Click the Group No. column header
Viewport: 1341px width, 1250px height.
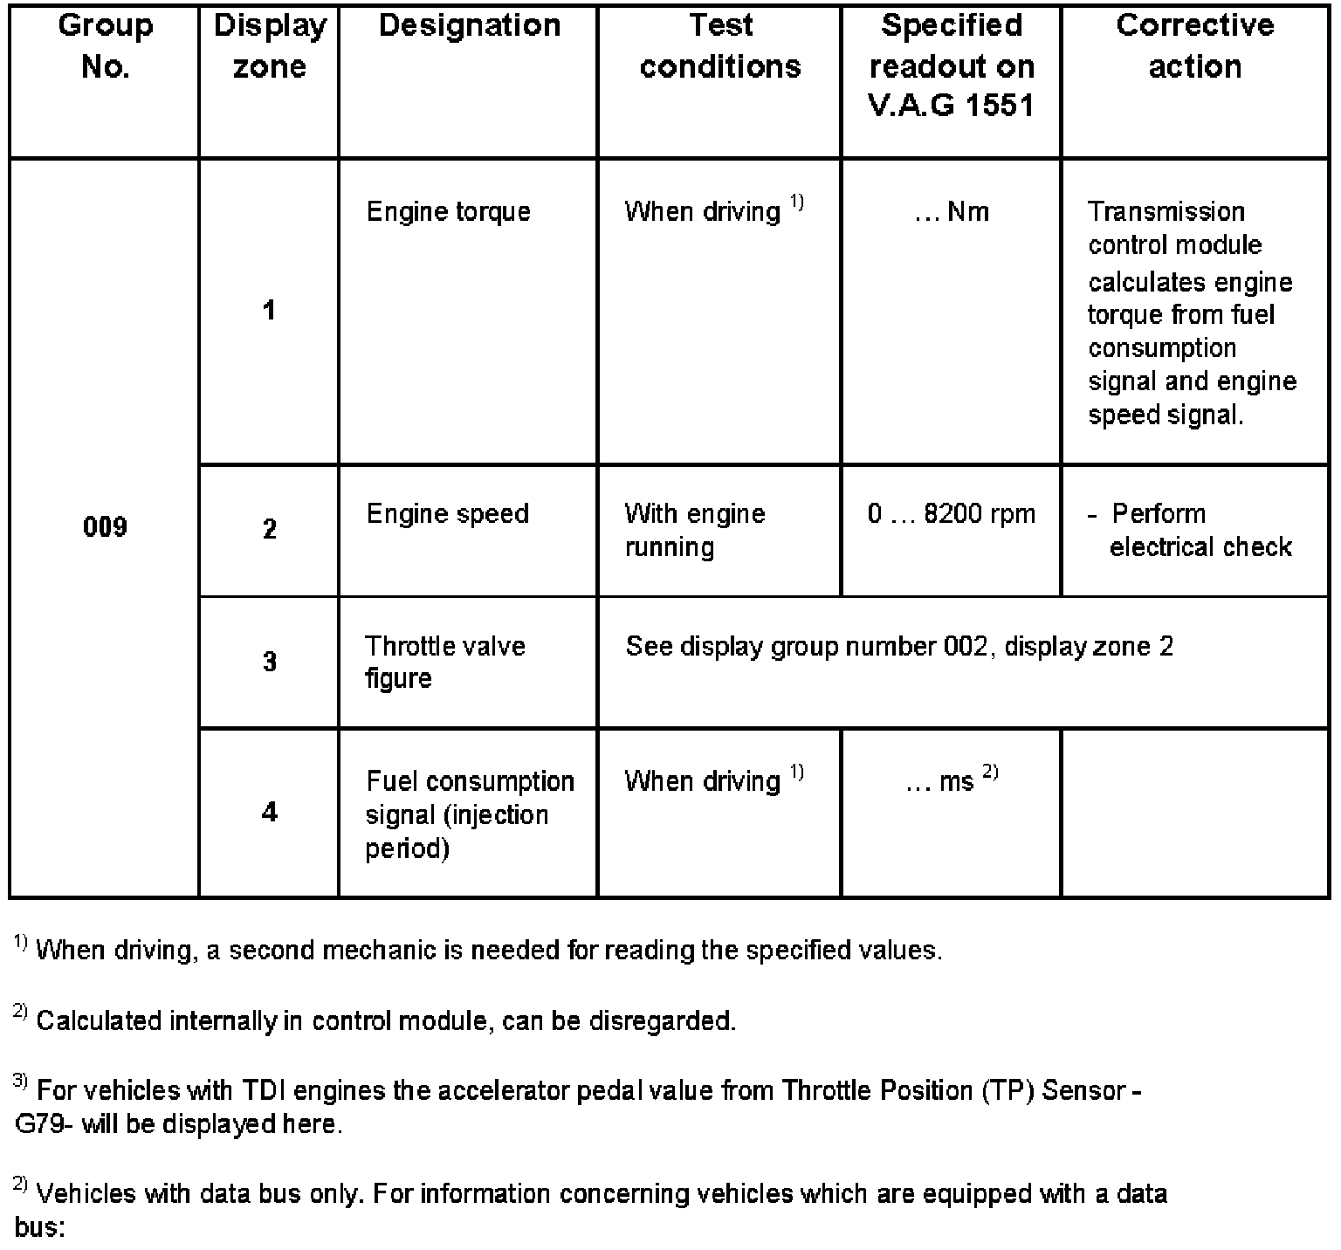coord(106,45)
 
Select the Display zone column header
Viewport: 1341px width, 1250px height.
coord(270,45)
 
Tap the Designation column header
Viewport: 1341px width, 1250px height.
coord(470,25)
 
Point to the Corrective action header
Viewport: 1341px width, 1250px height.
coord(1194,45)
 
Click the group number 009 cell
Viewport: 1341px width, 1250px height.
coord(105,526)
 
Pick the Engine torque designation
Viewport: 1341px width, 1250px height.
coord(448,212)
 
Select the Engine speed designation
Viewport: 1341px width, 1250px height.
coord(447,513)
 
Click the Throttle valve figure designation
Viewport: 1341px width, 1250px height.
coord(444,662)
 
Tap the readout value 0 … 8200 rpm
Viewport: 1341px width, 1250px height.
coord(951,513)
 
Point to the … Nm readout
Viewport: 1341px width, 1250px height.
coord(952,212)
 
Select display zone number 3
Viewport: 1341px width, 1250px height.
coord(270,662)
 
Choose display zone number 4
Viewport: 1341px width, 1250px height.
coord(270,813)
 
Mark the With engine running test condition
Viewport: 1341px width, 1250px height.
coord(694,530)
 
